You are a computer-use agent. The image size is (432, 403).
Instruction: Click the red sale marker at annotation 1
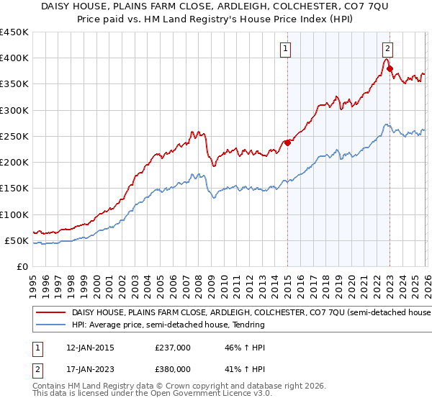click(287, 142)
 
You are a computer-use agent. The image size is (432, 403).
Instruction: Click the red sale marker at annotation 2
click(390, 69)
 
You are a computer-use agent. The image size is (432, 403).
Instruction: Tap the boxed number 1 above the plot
click(286, 49)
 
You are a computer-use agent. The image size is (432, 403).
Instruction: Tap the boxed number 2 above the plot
click(387, 49)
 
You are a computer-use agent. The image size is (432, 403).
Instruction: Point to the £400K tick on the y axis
click(14, 58)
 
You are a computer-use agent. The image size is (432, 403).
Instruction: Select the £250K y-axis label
click(14, 136)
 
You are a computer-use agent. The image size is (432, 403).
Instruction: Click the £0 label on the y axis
click(22, 266)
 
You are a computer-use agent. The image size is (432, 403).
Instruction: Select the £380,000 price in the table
click(173, 369)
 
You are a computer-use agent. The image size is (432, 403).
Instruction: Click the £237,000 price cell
click(173, 348)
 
